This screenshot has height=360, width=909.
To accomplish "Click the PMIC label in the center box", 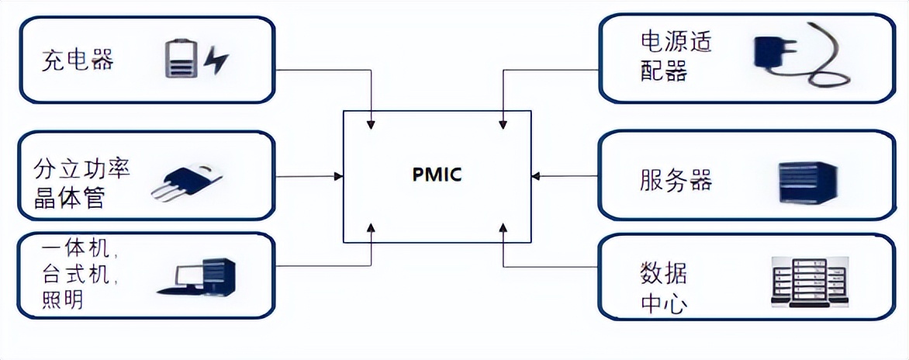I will click(x=437, y=175).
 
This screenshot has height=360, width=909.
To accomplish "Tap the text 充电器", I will click(x=78, y=60).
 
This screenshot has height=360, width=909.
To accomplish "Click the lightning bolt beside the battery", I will click(x=216, y=60).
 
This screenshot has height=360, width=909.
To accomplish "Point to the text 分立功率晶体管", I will click(x=81, y=183).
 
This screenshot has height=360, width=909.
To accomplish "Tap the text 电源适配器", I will click(x=676, y=56).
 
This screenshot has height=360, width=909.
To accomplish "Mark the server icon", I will click(x=807, y=182).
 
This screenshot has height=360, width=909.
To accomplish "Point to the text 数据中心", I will click(x=664, y=288).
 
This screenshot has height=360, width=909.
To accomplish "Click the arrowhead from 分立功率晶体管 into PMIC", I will click(x=339, y=177).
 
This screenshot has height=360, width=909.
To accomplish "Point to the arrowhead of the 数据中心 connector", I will click(x=503, y=227).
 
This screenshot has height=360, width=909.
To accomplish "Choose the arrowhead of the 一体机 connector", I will click(x=372, y=227).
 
